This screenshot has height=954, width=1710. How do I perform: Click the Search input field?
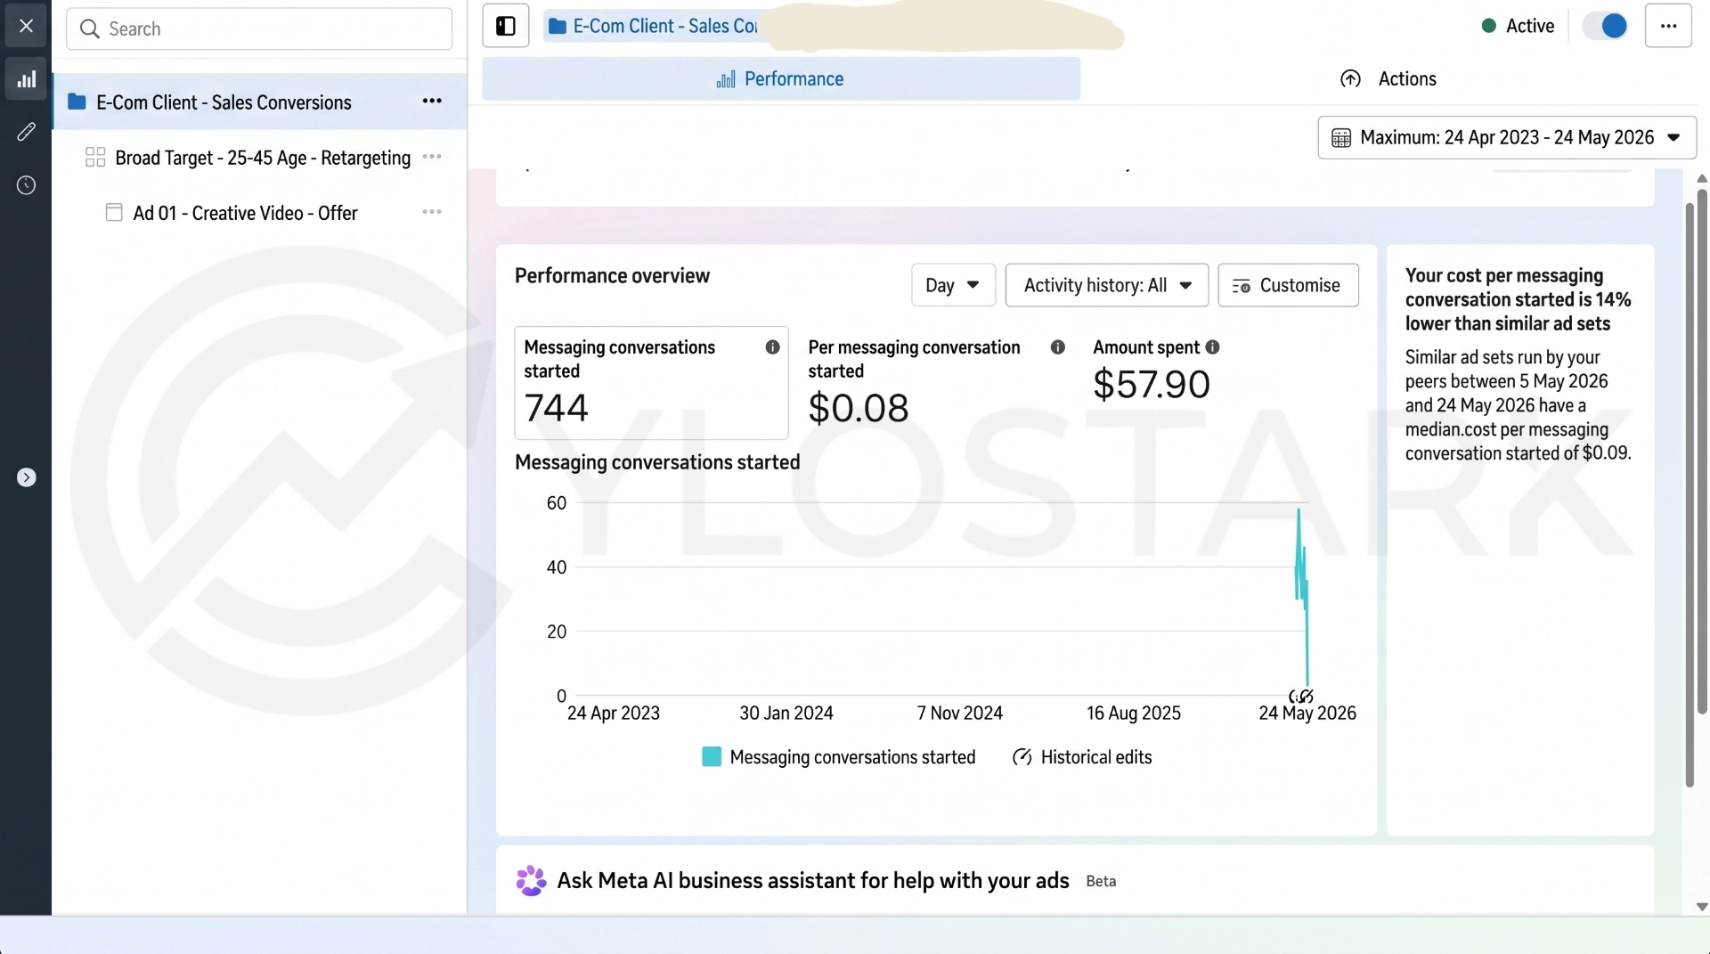(x=259, y=29)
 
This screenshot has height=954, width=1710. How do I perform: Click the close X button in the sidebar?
(x=26, y=26)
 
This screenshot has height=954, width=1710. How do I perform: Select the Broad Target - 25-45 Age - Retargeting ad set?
(x=263, y=158)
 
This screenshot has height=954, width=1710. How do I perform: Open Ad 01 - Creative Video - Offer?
(x=245, y=213)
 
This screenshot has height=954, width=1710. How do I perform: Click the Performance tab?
(x=781, y=79)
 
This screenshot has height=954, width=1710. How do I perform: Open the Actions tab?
(x=1388, y=79)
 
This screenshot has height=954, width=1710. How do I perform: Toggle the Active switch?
(x=1605, y=26)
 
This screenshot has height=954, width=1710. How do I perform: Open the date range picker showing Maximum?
(x=1507, y=137)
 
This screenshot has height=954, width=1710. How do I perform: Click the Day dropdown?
(x=953, y=285)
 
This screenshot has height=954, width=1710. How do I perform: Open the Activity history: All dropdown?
(x=1107, y=285)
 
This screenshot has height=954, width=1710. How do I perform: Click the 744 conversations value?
(x=557, y=408)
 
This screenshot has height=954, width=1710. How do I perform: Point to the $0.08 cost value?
(x=859, y=408)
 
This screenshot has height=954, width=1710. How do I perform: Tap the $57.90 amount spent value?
(x=1152, y=384)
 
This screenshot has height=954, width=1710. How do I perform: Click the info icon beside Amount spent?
(x=1212, y=347)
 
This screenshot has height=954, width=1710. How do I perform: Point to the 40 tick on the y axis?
(x=557, y=567)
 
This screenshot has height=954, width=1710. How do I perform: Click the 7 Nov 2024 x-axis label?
(x=960, y=713)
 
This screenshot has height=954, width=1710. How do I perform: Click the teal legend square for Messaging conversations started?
(x=712, y=757)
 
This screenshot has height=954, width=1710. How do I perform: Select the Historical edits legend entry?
(x=1082, y=757)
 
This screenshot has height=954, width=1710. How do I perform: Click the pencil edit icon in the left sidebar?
(x=26, y=132)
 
